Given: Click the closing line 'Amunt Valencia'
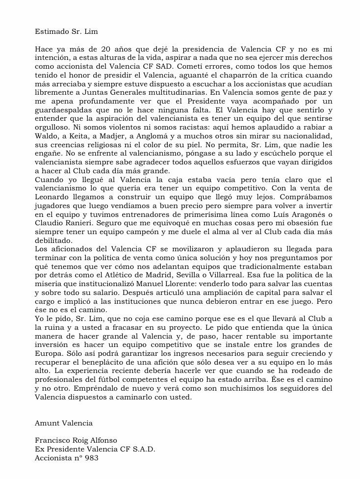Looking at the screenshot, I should point(63,422).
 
